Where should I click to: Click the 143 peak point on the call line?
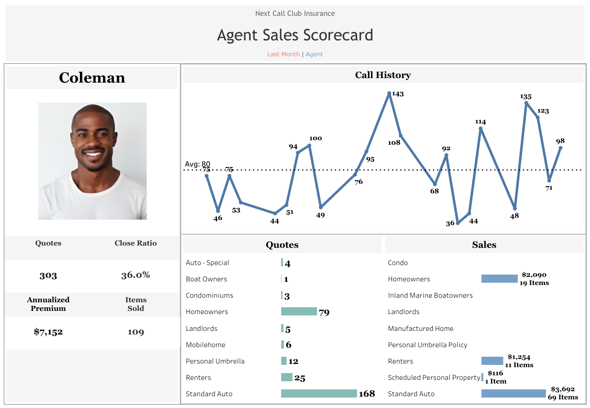[x=389, y=93]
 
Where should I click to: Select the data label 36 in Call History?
[x=450, y=223]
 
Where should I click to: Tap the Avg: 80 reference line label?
[x=198, y=164]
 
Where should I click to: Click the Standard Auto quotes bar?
[x=319, y=393]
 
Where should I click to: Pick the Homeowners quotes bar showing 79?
[x=299, y=311]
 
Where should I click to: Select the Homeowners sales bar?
[x=499, y=279]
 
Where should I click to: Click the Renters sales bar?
[x=492, y=361]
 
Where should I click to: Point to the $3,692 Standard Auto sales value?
[x=563, y=389]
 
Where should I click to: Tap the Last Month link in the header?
[x=283, y=54]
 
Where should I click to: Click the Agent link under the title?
[x=314, y=54]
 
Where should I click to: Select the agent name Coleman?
[x=92, y=78]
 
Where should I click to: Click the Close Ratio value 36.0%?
[x=135, y=275]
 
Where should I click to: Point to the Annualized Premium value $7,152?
[x=48, y=332]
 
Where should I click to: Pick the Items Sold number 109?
[x=135, y=332]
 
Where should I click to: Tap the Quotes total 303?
[x=48, y=275]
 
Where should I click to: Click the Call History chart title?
[x=383, y=75]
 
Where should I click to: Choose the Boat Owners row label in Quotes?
[x=206, y=279]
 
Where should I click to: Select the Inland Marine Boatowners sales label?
[x=430, y=295]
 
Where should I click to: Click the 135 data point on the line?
[x=526, y=103]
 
